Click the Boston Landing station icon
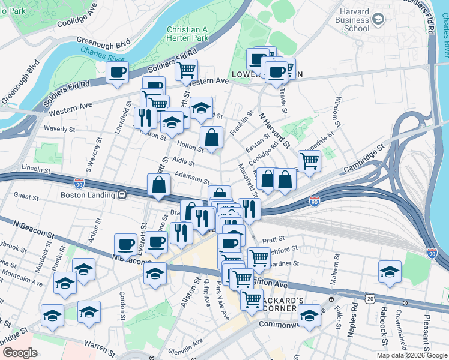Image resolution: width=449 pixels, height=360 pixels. pyautogui.click(x=122, y=194)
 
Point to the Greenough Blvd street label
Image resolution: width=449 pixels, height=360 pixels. pyautogui.click(x=104, y=44)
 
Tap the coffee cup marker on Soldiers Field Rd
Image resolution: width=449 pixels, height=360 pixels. pyautogui.click(x=118, y=73)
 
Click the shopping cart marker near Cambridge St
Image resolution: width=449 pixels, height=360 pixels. pyautogui.click(x=309, y=160)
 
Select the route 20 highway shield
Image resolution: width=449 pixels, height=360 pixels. pyautogui.click(x=370, y=298)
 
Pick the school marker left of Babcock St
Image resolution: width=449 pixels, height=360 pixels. pyautogui.click(x=390, y=271)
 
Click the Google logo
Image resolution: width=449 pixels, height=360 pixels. pyautogui.click(x=19, y=353)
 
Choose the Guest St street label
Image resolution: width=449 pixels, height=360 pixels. pyautogui.click(x=26, y=196)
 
